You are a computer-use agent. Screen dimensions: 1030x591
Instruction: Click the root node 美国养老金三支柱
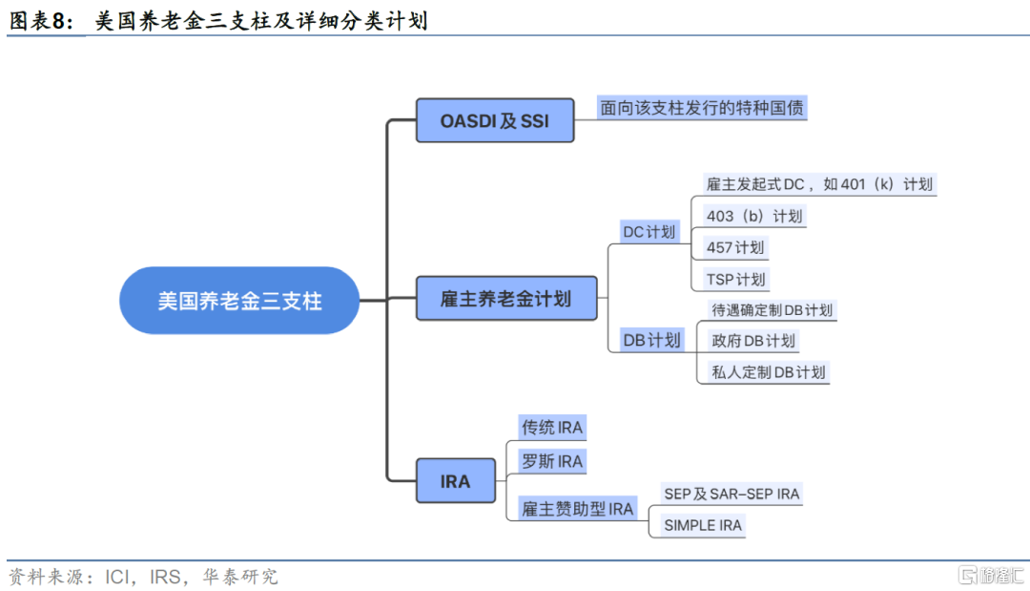tap(239, 301)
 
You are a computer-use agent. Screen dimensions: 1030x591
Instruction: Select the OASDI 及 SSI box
tap(495, 120)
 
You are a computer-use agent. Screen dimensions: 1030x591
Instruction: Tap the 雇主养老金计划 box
tap(506, 299)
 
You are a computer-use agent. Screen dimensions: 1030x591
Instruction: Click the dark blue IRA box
tap(455, 480)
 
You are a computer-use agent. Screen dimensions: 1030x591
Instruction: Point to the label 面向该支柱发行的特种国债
tap(702, 108)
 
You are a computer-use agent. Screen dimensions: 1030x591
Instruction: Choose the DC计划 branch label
tap(649, 231)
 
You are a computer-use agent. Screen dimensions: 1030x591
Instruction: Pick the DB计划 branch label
tap(651, 340)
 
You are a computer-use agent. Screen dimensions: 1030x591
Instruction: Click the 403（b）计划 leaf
tap(754, 216)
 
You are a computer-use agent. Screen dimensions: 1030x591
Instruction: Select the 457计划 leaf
tap(735, 247)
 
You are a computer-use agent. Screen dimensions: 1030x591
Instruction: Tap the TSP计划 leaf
tap(735, 279)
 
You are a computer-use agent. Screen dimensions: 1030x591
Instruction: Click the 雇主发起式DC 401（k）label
tap(819, 184)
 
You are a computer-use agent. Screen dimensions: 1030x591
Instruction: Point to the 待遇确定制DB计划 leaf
tap(772, 309)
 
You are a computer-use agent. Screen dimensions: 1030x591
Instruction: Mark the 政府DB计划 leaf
tap(753, 341)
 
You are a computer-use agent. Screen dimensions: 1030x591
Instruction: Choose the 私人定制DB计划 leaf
tap(769, 372)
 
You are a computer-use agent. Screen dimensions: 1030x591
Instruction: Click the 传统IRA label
tap(552, 428)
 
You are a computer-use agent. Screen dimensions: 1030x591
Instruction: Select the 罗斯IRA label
tap(552, 461)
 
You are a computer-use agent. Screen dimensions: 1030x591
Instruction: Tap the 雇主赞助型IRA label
tap(577, 508)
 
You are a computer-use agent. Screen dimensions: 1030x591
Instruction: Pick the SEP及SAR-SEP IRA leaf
tap(731, 494)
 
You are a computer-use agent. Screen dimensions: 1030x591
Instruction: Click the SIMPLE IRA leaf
tap(702, 525)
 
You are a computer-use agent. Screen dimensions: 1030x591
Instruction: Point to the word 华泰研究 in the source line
tap(240, 577)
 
